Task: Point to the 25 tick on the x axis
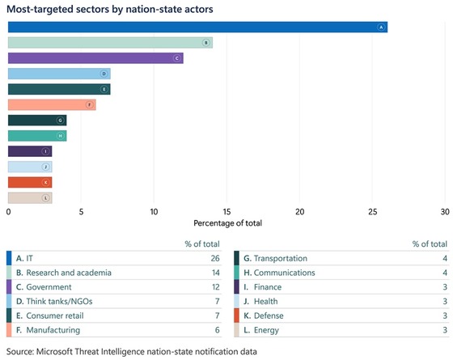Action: click(x=373, y=211)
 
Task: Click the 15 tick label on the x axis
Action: click(x=226, y=211)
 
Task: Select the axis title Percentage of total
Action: click(x=226, y=222)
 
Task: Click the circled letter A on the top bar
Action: click(x=380, y=27)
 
